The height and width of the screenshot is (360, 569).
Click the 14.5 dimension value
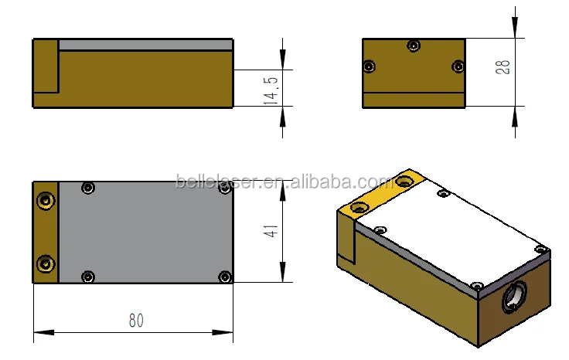click(271, 88)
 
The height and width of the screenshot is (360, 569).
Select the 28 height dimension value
click(504, 66)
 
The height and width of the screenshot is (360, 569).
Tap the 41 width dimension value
click(271, 231)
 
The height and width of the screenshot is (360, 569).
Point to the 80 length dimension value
click(136, 319)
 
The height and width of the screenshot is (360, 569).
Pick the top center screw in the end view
click(414, 46)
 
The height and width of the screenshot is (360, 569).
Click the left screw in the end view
click(370, 66)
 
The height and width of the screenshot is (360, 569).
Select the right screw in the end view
click(458, 66)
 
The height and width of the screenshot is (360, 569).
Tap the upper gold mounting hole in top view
click(47, 201)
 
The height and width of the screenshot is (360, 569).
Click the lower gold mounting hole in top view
click(47, 264)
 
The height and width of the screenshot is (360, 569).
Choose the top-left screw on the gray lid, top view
click(88, 188)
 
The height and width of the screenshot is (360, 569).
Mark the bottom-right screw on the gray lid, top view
click(224, 276)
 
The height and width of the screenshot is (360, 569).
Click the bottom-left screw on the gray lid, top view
click(88, 276)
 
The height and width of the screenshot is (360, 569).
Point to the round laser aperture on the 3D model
click(514, 297)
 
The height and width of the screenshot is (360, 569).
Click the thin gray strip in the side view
click(145, 45)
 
